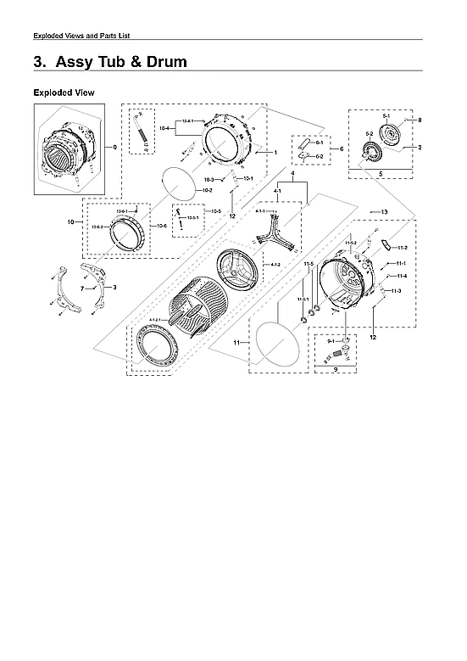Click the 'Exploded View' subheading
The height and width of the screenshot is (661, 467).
click(64, 92)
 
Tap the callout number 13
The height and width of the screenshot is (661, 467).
click(384, 211)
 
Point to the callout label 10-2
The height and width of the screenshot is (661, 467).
click(206, 191)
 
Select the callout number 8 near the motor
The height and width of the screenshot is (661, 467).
click(419, 120)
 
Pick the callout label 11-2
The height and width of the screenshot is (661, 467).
click(402, 247)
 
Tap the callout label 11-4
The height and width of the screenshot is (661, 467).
click(401, 276)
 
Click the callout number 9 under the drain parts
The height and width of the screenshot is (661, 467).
click(336, 370)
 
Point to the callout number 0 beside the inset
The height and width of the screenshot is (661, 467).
click(115, 148)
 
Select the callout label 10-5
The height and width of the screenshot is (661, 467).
click(216, 210)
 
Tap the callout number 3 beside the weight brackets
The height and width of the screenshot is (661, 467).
click(114, 288)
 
